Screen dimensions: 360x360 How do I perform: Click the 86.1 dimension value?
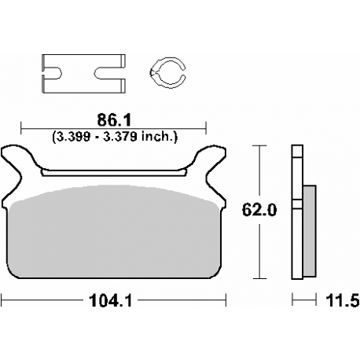(x=114, y=120)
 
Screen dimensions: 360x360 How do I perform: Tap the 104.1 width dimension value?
(x=111, y=300)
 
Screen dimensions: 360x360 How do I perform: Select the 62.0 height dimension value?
(x=259, y=210)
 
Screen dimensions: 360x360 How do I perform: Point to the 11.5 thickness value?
(x=343, y=300)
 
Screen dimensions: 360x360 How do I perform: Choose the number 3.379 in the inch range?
(x=119, y=137)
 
